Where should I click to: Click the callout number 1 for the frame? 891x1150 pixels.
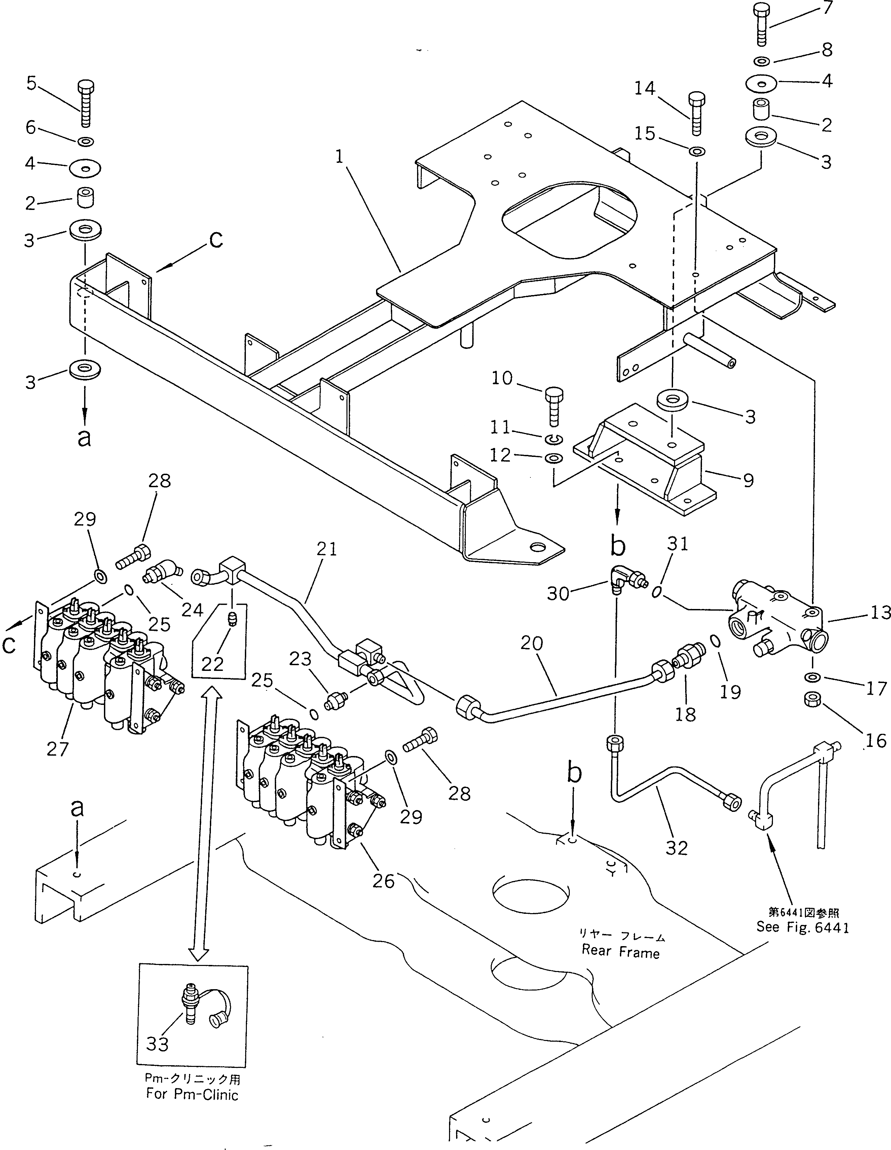coord(339,157)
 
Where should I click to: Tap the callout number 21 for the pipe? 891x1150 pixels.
coord(327,549)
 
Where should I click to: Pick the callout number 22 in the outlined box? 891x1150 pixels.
coord(213,664)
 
